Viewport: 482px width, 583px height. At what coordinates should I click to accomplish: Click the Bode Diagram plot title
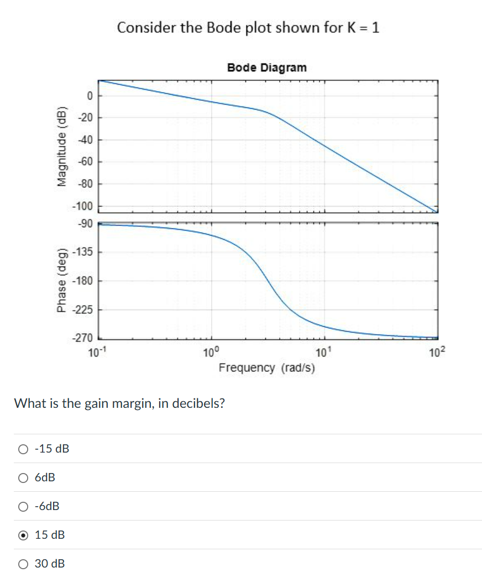coord(266,68)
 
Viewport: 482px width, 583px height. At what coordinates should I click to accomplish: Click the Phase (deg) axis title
coord(62,282)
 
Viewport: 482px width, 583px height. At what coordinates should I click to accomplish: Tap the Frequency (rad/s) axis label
coord(266,368)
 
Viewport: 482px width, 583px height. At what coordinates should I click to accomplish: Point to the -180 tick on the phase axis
coord(85,281)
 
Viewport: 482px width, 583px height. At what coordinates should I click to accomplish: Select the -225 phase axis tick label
coord(85,309)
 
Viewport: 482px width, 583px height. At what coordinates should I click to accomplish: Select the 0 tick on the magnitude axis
coord(88,96)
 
